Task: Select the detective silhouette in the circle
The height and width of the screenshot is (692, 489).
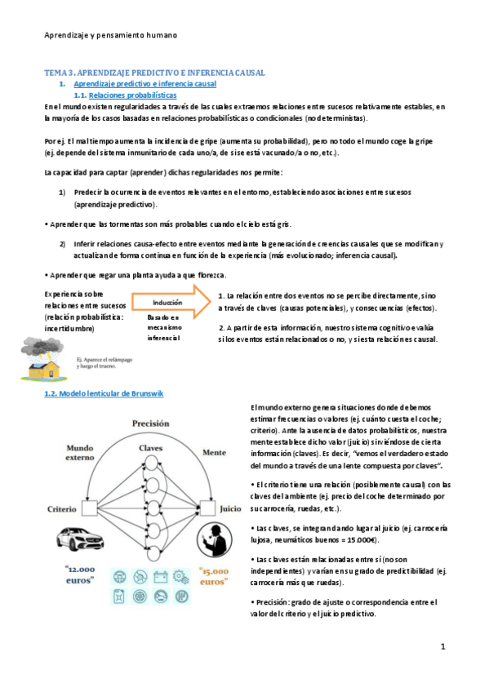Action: tap(216, 546)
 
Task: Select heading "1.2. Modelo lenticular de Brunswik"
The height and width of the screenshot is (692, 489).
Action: tap(104, 394)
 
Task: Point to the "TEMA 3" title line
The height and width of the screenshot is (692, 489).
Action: tap(154, 73)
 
